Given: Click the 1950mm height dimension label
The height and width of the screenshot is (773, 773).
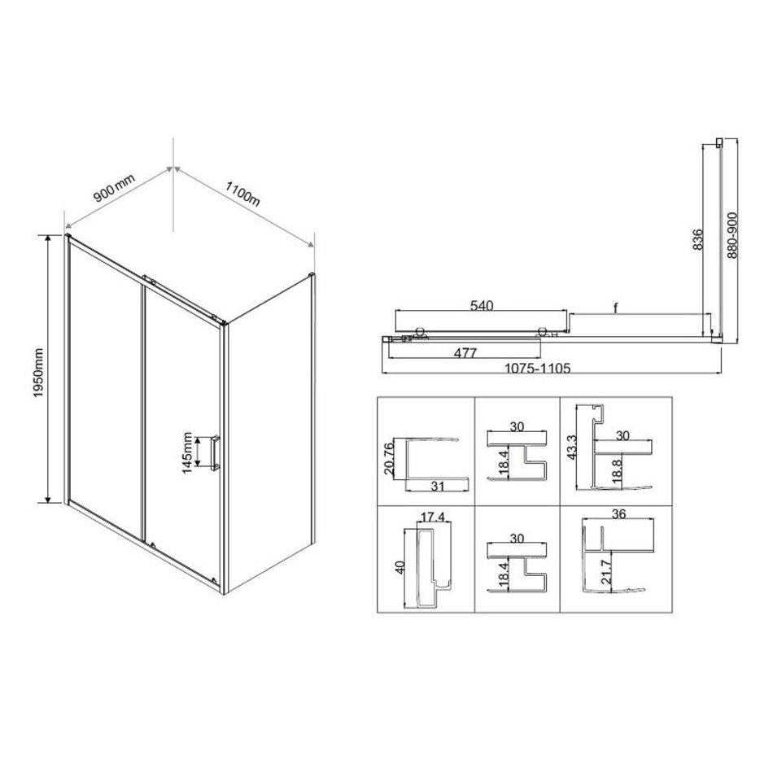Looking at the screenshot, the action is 38,373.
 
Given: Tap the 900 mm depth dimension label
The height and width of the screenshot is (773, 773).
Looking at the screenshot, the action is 114,188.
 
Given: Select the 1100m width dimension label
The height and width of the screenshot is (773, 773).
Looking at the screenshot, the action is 242,194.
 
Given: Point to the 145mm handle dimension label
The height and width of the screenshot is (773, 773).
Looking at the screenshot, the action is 187,452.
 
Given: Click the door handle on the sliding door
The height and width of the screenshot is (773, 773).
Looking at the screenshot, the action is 216,453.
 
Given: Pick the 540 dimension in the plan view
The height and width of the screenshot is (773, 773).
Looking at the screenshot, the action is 481,306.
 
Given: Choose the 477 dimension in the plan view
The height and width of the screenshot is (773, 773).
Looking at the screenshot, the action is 465,353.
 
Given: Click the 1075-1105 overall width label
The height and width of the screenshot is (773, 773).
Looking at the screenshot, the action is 537,369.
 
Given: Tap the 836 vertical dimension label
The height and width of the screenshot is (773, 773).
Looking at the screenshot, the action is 698,239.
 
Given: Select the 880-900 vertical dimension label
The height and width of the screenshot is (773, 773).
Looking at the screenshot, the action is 732,235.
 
